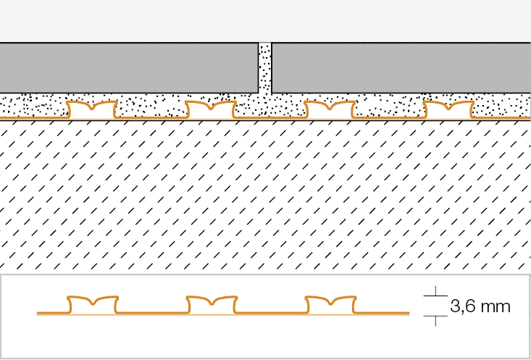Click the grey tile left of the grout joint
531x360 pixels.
[129, 68]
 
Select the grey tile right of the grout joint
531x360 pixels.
[401, 68]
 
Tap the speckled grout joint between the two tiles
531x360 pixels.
[265, 68]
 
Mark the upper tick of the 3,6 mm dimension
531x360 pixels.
[435, 296]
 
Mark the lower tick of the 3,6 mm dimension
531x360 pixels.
[435, 316]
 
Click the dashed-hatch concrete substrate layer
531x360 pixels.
[265, 196]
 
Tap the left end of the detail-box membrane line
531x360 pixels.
[37, 313]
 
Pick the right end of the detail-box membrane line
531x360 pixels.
[409, 313]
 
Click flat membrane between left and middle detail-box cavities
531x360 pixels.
[152, 313]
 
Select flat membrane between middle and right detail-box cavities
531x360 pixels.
[271, 313]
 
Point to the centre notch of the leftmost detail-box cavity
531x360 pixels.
[93, 304]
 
